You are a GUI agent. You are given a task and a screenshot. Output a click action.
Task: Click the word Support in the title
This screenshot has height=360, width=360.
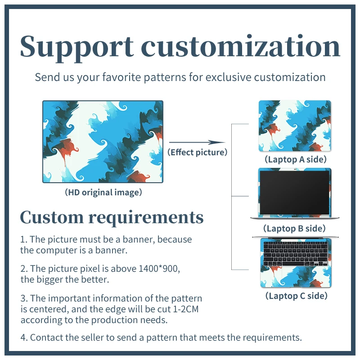76,46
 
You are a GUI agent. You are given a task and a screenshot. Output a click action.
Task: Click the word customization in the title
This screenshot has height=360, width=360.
241,46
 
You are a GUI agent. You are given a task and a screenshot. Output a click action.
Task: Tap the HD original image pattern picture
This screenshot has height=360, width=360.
103,141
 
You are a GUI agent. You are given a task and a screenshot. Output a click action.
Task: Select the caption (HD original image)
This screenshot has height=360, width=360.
103,193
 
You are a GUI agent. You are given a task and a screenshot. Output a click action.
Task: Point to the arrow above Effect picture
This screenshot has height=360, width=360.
197,142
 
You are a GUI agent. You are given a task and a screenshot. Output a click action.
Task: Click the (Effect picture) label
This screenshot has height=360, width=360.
197,153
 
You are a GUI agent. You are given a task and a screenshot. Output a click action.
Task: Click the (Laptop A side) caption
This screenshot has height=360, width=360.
295,159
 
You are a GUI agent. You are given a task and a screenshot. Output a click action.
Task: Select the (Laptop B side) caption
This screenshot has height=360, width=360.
295,229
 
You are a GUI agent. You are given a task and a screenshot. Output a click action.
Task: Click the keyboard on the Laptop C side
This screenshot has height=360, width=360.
295,253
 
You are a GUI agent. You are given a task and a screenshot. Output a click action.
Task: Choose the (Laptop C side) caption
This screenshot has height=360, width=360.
296,296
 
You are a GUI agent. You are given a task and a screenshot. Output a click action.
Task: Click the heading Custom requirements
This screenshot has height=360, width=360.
112,217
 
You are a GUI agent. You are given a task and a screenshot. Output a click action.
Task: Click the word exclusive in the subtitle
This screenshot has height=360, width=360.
229,77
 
